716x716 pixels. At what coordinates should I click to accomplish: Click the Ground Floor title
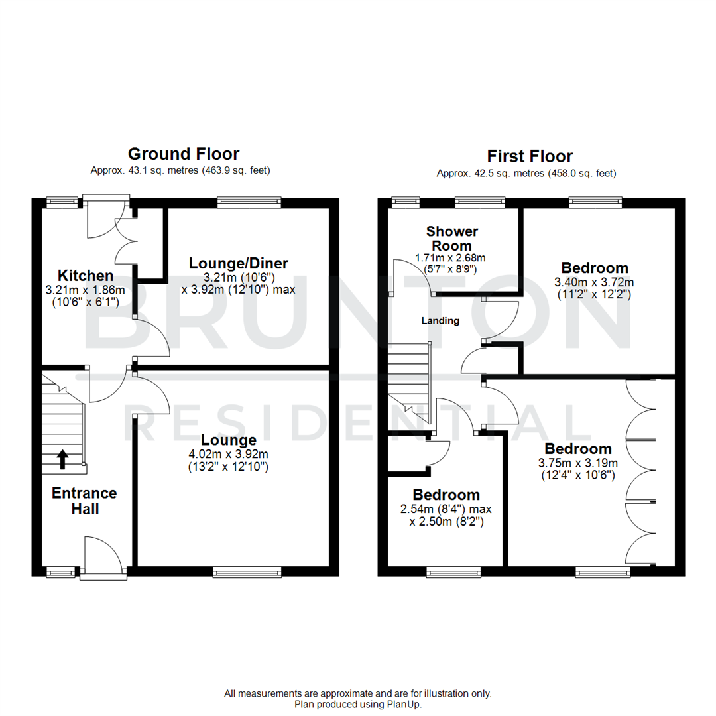[183, 154]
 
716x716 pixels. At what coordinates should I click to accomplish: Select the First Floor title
[530, 156]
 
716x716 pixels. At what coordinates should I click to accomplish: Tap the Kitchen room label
[85, 275]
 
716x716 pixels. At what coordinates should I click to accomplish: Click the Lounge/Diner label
[238, 263]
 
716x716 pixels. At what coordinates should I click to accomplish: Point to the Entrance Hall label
[84, 501]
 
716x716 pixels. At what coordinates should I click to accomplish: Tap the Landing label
[440, 321]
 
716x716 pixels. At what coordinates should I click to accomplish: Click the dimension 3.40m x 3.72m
[595, 282]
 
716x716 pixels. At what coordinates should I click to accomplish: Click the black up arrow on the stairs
[62, 459]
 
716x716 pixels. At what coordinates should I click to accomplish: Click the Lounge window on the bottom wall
[247, 571]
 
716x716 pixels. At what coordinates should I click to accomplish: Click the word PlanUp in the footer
[404, 704]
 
